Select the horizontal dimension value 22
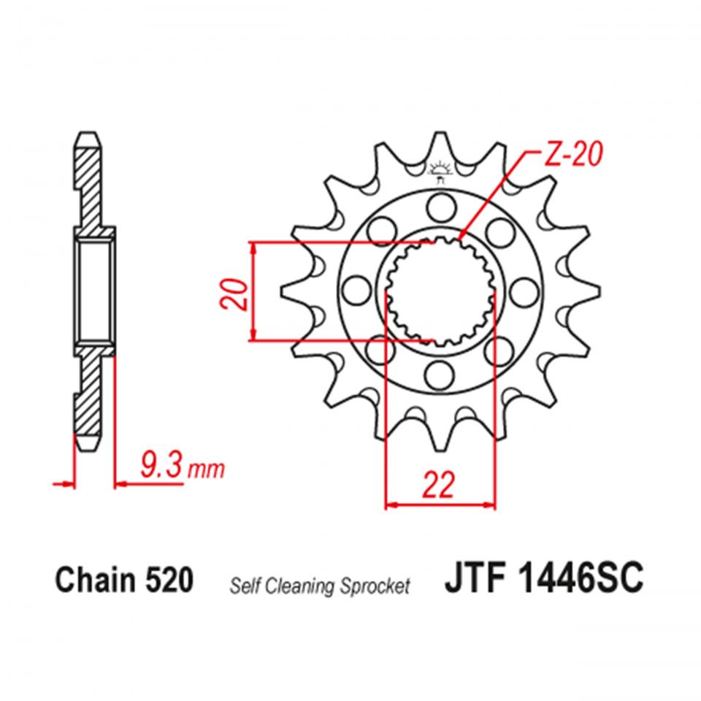click(x=439, y=484)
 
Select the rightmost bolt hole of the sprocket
click(x=523, y=291)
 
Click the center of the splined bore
click(x=440, y=291)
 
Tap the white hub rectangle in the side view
click(x=94, y=290)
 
